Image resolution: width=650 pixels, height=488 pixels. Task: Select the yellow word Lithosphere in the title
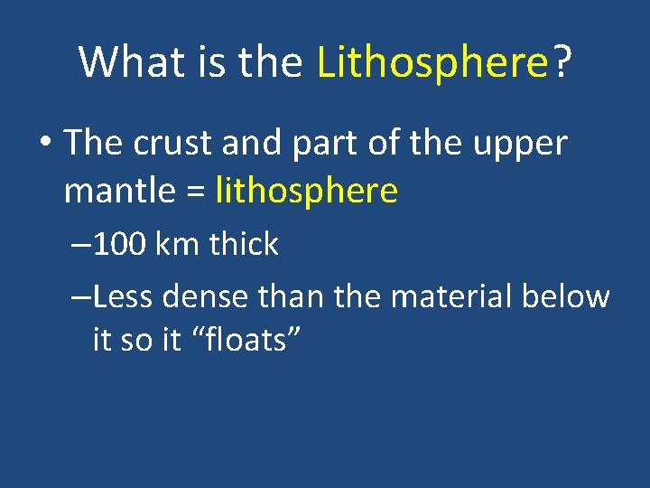tap(433, 63)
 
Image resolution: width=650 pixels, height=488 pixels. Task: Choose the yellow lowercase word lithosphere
tap(307, 191)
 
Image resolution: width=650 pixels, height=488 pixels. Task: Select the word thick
tap(243, 244)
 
